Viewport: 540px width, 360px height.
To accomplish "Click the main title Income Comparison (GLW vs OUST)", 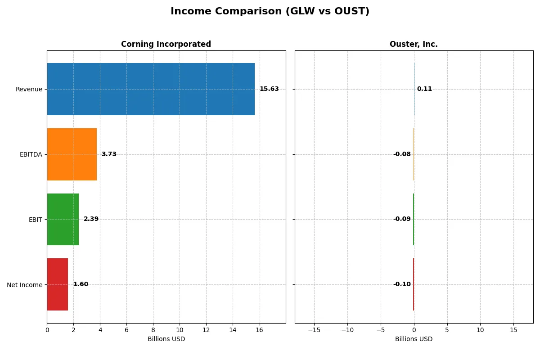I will click(x=270, y=12).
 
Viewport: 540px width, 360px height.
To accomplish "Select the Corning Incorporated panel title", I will click(x=166, y=44).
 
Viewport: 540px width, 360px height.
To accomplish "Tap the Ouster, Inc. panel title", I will click(x=414, y=44).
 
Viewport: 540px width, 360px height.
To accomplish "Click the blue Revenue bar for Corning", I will click(x=151, y=89).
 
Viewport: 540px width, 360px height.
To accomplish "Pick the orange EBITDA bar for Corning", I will click(x=72, y=154).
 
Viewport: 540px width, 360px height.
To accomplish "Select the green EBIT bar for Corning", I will click(x=63, y=219).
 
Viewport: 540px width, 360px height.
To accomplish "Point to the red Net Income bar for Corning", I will click(x=58, y=284).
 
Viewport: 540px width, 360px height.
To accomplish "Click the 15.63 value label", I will click(x=269, y=89).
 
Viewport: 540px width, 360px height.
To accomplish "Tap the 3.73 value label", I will click(x=109, y=154).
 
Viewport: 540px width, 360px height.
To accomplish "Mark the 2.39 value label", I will click(x=91, y=219).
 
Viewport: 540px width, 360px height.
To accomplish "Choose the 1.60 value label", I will click(x=81, y=284).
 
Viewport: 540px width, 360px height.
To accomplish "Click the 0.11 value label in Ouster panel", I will click(x=424, y=89).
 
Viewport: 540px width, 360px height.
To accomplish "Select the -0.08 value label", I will click(x=402, y=154).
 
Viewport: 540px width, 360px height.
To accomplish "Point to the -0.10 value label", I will click(x=402, y=284).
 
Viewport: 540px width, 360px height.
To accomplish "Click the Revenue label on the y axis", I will click(x=29, y=89).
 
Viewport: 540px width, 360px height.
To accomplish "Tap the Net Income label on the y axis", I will click(x=25, y=285).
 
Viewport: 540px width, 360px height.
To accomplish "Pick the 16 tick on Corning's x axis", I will click(x=259, y=330).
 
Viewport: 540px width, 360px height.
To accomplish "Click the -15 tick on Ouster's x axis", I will click(x=314, y=330).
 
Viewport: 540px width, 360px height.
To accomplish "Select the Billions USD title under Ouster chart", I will click(x=414, y=339).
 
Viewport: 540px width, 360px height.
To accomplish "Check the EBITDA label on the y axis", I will click(x=31, y=154).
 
